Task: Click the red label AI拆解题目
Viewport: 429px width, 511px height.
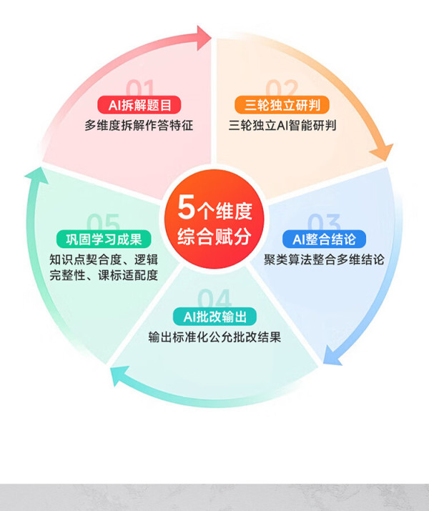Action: (x=139, y=105)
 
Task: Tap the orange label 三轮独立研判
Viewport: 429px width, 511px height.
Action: (x=282, y=105)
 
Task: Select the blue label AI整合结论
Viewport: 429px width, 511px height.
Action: (x=324, y=239)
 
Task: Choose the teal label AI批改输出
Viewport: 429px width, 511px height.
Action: (x=214, y=317)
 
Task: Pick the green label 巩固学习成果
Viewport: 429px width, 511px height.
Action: (x=104, y=239)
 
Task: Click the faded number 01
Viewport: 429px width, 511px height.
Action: (x=140, y=87)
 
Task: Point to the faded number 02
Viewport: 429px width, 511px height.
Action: (x=282, y=87)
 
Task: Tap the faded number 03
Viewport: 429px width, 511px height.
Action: (x=324, y=222)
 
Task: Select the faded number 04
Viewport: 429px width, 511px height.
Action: (x=214, y=298)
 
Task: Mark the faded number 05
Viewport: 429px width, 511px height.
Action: (x=104, y=222)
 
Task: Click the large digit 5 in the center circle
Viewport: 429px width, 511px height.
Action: (x=186, y=207)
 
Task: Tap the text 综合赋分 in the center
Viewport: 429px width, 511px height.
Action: (x=214, y=237)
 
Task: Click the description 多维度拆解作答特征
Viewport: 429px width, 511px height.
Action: (x=139, y=125)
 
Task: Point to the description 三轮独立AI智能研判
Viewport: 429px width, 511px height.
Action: (x=282, y=125)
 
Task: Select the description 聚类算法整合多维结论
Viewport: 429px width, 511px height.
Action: (x=324, y=259)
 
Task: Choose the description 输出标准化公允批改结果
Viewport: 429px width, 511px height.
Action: (x=214, y=337)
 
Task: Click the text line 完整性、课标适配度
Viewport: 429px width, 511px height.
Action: (x=104, y=275)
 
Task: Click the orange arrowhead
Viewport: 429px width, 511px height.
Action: (x=382, y=152)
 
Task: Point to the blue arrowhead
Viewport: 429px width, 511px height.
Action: (x=332, y=356)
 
